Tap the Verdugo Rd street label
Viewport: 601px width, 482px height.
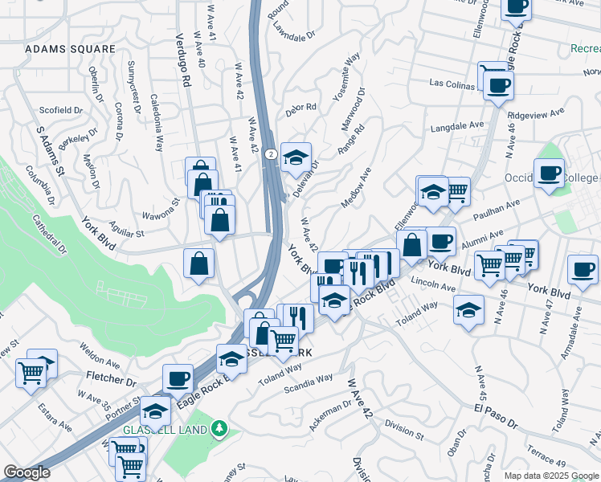(x=184, y=61)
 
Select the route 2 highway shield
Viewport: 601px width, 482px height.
(x=272, y=153)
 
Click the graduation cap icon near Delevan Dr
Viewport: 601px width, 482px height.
(x=296, y=157)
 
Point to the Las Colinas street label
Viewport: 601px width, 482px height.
(x=452, y=83)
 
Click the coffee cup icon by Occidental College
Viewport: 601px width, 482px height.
(x=550, y=173)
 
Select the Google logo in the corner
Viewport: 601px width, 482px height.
(x=27, y=472)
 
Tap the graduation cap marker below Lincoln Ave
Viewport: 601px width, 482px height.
(x=468, y=308)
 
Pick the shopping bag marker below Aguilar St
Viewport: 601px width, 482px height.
(x=198, y=263)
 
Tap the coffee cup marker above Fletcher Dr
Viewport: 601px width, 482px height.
(x=178, y=377)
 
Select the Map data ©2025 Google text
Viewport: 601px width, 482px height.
(x=551, y=476)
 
